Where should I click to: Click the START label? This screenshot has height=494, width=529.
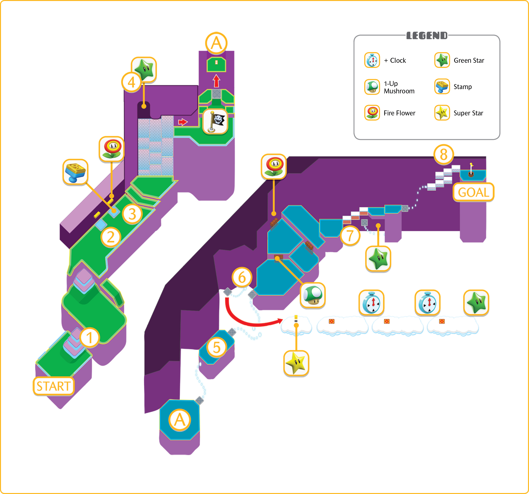(x=54, y=386)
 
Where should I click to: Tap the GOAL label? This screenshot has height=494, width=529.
(x=473, y=192)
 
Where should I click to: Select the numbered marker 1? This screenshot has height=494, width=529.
(x=89, y=338)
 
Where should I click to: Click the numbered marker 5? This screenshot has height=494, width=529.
(x=217, y=348)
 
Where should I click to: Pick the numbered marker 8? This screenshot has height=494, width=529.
(x=444, y=155)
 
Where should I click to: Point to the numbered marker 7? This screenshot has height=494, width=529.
(x=350, y=236)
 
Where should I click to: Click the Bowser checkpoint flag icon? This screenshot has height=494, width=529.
(x=215, y=122)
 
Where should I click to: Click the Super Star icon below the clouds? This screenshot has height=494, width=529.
(x=296, y=363)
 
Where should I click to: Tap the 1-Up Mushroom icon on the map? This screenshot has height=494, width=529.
(x=313, y=295)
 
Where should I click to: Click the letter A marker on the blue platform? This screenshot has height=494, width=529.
(x=180, y=420)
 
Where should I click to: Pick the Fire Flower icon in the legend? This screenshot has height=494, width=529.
(x=372, y=113)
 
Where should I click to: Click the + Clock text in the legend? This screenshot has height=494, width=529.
(x=395, y=61)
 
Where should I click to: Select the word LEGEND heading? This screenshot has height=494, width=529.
(x=427, y=36)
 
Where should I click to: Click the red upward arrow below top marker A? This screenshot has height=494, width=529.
(x=217, y=81)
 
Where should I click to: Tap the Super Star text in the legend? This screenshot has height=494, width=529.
(x=468, y=113)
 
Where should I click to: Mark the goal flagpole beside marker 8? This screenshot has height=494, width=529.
(x=471, y=169)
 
